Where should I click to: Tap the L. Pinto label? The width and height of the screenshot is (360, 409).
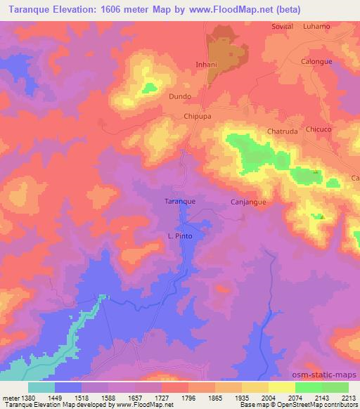coord(180,236)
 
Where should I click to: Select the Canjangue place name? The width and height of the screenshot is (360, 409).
coord(247,202)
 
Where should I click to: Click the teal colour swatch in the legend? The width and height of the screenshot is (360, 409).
coord(41,387)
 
